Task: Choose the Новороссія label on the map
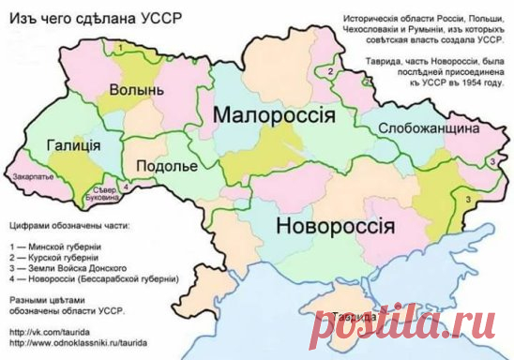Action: coord(335,227)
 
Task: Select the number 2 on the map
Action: coord(330,70)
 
